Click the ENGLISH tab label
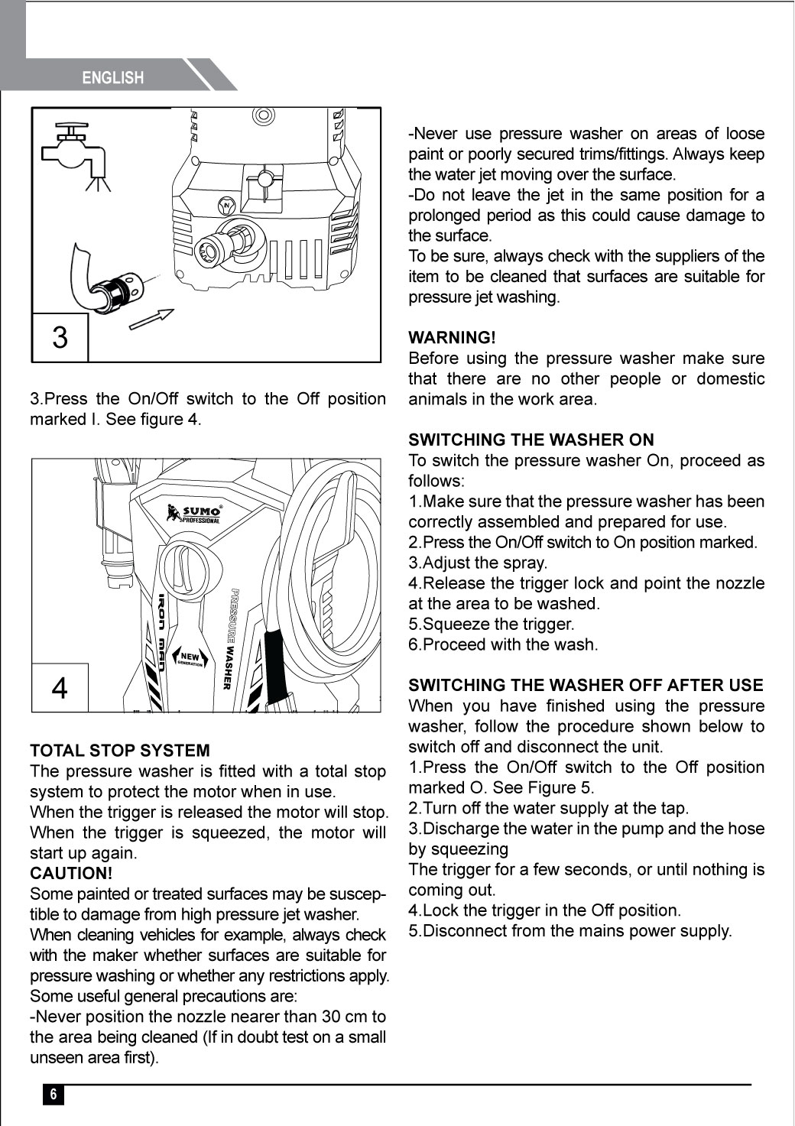[x=112, y=77]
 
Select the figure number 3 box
[x=60, y=337]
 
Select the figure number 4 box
[x=60, y=687]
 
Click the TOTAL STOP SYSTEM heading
[x=119, y=751]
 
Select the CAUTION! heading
[x=71, y=873]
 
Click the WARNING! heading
[x=452, y=337]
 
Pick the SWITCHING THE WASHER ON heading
[x=531, y=440]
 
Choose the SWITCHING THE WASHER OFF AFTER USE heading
[x=586, y=685]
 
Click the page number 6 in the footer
[x=53, y=1094]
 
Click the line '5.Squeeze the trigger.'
[x=491, y=624]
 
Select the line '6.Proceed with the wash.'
[x=503, y=644]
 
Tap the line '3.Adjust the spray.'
[x=478, y=563]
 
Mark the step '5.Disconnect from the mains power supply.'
[x=569, y=931]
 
